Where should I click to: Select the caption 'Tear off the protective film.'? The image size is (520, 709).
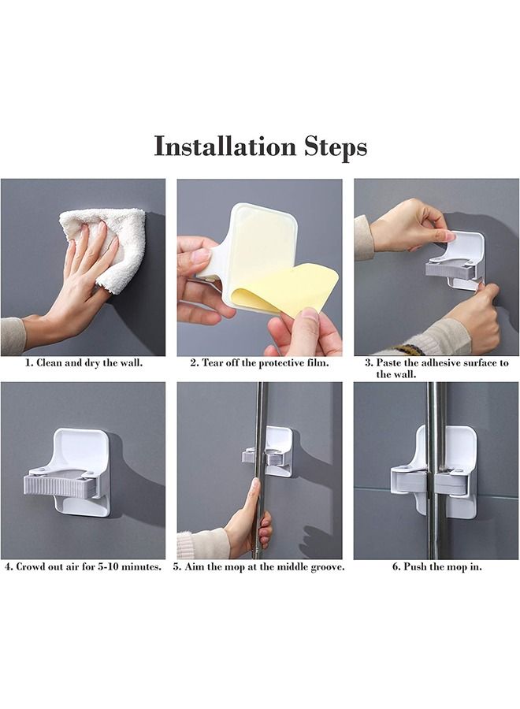click(259, 364)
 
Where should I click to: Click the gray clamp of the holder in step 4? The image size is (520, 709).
click(61, 482)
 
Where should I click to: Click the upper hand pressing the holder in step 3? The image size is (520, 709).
click(410, 225)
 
